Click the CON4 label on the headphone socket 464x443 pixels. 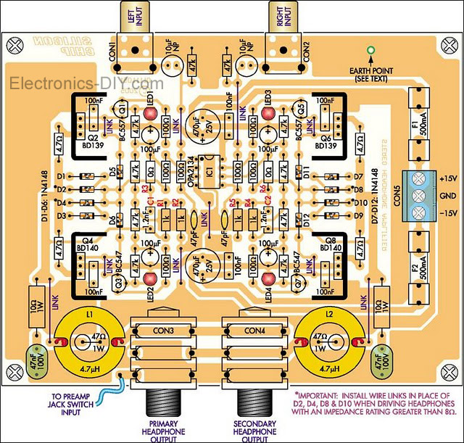[x=254, y=332]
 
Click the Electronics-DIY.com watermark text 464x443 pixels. [x=76, y=83]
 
